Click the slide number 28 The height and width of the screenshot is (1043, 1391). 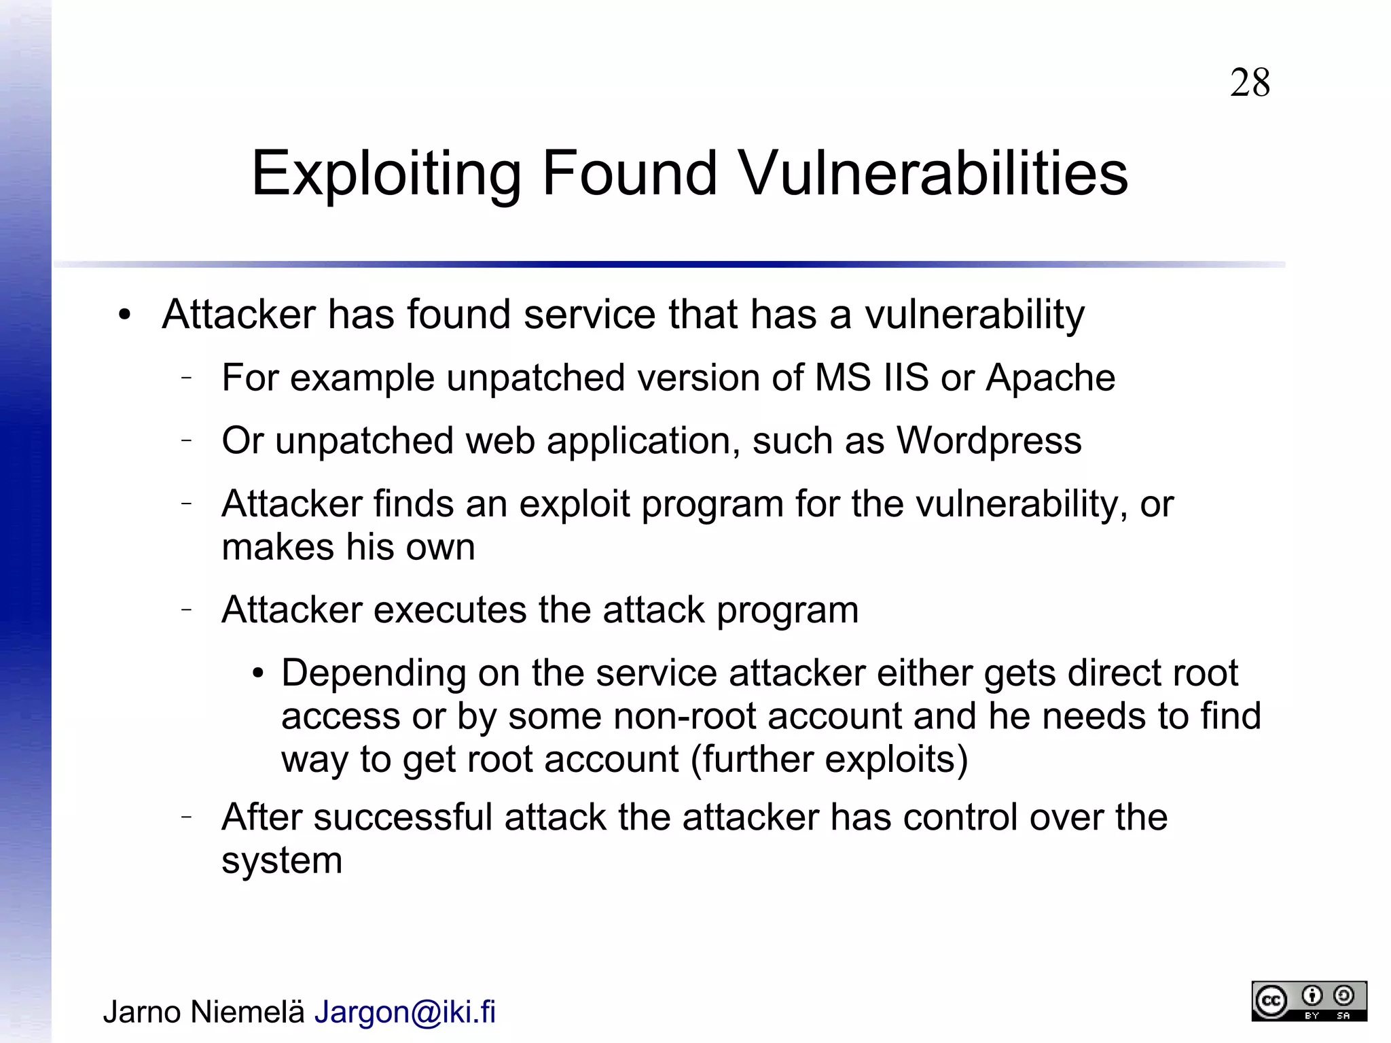tap(1250, 83)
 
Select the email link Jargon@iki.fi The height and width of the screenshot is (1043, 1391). tap(405, 1012)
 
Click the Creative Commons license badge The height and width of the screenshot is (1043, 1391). tap(1309, 1000)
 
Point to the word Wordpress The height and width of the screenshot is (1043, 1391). tap(989, 440)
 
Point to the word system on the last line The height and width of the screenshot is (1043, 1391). tap(282, 860)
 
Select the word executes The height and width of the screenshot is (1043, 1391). tap(450, 609)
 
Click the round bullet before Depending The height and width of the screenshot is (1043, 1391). tap(257, 674)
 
